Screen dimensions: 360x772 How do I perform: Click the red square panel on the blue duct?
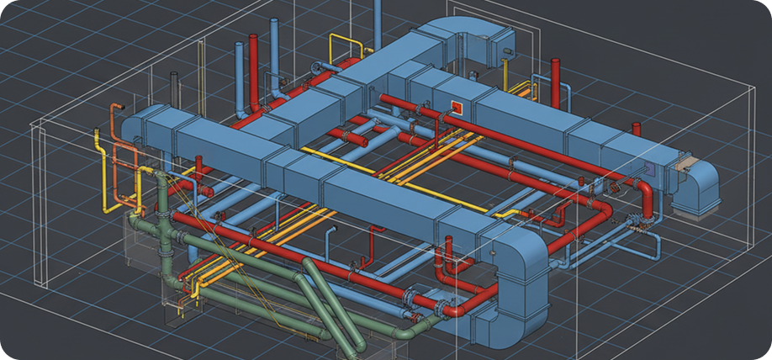pyautogui.click(x=457, y=107)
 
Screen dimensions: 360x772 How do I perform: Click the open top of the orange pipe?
pyautogui.click(x=115, y=106)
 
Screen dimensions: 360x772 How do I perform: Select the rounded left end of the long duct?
pyautogui.click(x=130, y=126)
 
